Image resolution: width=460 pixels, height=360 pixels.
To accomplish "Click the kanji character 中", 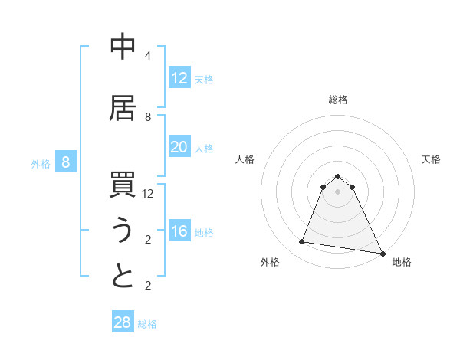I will click(123, 47).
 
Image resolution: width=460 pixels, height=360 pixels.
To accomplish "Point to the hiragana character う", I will click(123, 231).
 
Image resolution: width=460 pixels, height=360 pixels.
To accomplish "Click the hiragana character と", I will click(123, 277).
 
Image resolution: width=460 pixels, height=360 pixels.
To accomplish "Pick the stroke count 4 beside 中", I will click(148, 56).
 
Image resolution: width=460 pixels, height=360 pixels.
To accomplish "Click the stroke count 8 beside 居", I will click(148, 117).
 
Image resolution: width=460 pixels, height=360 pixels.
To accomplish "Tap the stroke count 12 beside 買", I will click(148, 194).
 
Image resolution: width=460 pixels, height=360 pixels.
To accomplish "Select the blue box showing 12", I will click(179, 78).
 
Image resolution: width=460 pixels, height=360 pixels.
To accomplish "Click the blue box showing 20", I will click(179, 147).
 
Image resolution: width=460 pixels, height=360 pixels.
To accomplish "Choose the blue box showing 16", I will click(179, 231).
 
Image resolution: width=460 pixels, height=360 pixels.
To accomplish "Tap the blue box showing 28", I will click(123, 322).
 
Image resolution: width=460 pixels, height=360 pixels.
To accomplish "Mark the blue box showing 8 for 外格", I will click(66, 162).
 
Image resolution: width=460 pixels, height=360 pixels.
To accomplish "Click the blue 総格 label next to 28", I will click(147, 324).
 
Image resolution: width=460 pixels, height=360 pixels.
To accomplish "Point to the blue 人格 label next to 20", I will click(204, 148).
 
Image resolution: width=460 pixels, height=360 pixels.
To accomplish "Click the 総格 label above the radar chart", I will click(338, 100).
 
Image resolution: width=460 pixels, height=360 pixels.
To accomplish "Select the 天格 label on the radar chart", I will click(431, 159).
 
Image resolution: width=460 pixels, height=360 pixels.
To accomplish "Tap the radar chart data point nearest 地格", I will click(383, 252).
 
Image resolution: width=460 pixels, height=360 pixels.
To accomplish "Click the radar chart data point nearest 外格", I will click(302, 242).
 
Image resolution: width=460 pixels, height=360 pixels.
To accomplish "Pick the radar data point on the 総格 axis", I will click(338, 176).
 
